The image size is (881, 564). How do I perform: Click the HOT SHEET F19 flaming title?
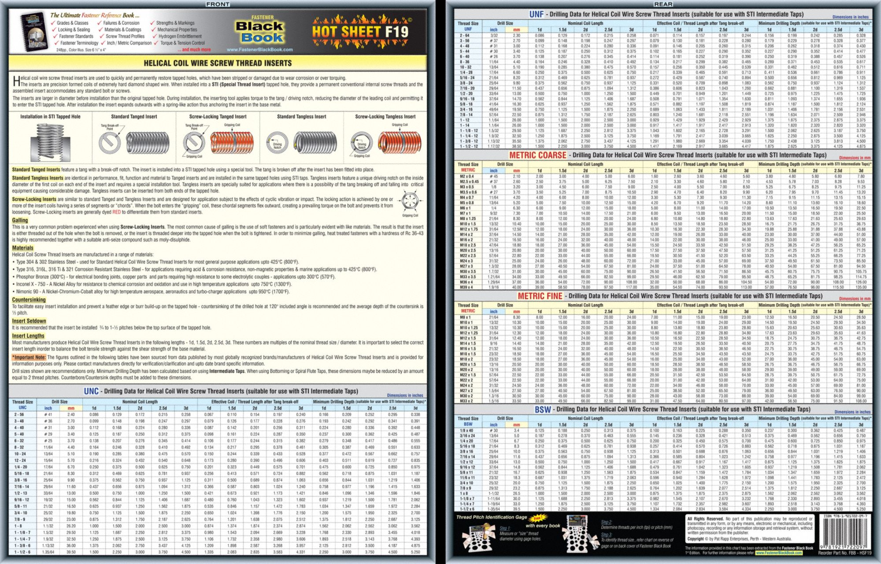click(360, 32)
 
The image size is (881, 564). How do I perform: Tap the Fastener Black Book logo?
click(260, 32)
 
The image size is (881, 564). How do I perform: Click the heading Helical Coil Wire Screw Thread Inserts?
click(218, 63)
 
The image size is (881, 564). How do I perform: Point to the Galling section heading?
click(20, 220)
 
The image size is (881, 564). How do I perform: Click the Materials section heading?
click(22, 248)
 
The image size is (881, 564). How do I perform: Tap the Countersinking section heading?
click(29, 300)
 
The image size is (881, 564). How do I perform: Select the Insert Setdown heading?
click(29, 321)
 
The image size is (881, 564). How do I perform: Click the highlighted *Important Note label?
click(29, 357)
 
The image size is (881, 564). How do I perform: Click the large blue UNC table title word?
click(91, 391)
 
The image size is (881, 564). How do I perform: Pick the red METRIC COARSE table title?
click(537, 155)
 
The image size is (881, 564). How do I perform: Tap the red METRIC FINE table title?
click(540, 296)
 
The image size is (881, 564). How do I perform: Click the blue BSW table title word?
click(543, 409)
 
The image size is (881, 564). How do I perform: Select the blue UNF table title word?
click(536, 14)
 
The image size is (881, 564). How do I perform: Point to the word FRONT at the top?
click(218, 4)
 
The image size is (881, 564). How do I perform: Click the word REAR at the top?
click(663, 4)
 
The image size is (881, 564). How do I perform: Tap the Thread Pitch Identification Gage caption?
click(491, 517)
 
